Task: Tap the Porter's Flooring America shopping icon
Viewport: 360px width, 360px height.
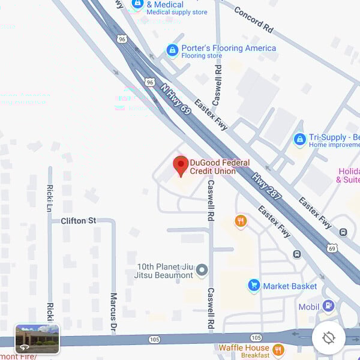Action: (x=172, y=50)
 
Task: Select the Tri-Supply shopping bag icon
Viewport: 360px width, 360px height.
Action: (x=299, y=140)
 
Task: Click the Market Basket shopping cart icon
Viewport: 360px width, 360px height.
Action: (x=254, y=286)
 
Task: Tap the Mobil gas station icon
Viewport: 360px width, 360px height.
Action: (x=328, y=306)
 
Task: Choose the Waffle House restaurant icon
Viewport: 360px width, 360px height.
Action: (x=278, y=350)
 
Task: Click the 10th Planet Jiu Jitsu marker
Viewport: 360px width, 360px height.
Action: (x=202, y=271)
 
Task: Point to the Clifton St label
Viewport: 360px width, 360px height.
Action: (x=78, y=221)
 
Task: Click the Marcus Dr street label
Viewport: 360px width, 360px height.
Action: (x=113, y=312)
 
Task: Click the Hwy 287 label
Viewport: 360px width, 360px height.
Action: (x=266, y=186)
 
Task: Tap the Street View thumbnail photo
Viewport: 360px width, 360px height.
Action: (x=37, y=338)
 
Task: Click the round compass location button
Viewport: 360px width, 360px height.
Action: (x=328, y=338)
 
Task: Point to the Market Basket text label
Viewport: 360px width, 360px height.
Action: (x=290, y=286)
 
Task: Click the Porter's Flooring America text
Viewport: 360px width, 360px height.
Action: (x=229, y=48)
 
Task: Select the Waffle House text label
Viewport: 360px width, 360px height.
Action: (x=244, y=347)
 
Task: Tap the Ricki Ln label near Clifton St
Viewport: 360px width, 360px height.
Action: (x=50, y=198)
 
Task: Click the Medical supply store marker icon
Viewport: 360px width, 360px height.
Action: (x=137, y=4)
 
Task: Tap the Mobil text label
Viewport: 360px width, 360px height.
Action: (x=309, y=307)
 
